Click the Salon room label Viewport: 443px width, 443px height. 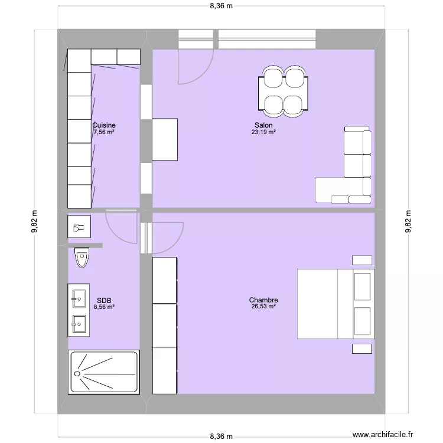[x=263, y=125]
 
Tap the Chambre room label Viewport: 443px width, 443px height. [x=263, y=300]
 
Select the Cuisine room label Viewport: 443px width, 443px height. [x=104, y=125]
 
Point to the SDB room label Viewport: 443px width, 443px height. [x=104, y=300]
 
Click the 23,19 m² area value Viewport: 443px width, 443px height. [x=263, y=133]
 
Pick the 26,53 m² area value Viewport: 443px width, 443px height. [x=263, y=307]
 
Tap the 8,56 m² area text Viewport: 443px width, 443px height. [x=104, y=307]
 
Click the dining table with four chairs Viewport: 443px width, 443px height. [x=283, y=91]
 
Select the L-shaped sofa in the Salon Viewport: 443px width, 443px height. [x=348, y=177]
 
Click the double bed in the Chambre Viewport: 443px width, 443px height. [x=335, y=304]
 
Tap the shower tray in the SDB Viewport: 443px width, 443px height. [x=104, y=372]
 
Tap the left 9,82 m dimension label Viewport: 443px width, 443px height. [x=34, y=222]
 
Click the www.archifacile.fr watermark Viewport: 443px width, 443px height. [x=384, y=433]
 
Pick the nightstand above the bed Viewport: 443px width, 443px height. [x=361, y=260]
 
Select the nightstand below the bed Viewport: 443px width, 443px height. [x=361, y=349]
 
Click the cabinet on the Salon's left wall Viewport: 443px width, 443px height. [x=165, y=139]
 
